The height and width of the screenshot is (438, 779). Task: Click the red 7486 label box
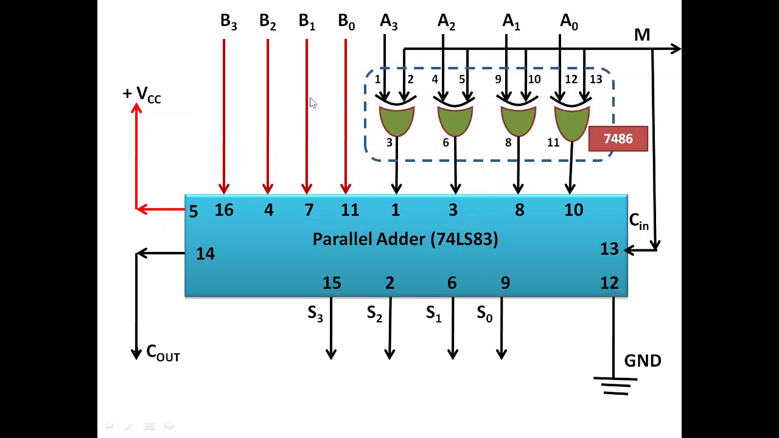618,139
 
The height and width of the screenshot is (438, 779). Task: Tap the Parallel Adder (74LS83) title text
405,240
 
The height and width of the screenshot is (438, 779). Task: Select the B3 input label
228,22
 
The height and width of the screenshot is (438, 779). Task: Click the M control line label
642,35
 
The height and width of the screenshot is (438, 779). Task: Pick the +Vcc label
142,95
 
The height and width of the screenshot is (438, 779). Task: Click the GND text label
643,361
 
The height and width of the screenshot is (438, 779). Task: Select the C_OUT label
163,353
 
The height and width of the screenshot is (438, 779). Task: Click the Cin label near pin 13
639,221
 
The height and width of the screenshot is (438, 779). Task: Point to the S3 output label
315,313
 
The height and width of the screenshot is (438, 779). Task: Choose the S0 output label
484,314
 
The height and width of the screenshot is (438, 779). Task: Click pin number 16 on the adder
224,210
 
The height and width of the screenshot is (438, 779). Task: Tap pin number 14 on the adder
205,254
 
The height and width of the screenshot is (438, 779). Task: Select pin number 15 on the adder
332,283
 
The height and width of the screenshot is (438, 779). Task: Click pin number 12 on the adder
609,283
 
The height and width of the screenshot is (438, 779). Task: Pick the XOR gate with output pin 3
397,120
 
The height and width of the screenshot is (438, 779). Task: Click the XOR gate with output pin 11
572,120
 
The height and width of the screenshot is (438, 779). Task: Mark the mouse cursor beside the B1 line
313,103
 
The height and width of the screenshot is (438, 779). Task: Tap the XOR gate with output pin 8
519,120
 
